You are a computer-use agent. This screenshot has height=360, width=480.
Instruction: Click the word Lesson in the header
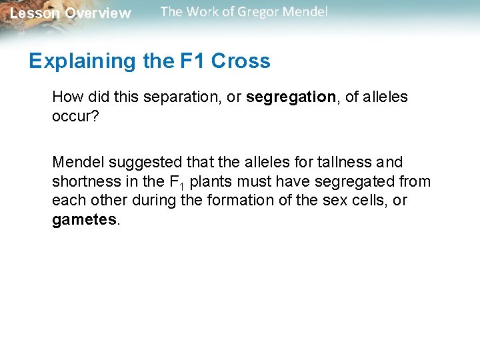point(34,13)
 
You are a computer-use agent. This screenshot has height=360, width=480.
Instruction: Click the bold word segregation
point(291,97)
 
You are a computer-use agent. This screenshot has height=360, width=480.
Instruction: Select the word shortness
point(82,181)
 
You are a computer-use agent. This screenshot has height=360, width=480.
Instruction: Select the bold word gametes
point(84,220)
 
